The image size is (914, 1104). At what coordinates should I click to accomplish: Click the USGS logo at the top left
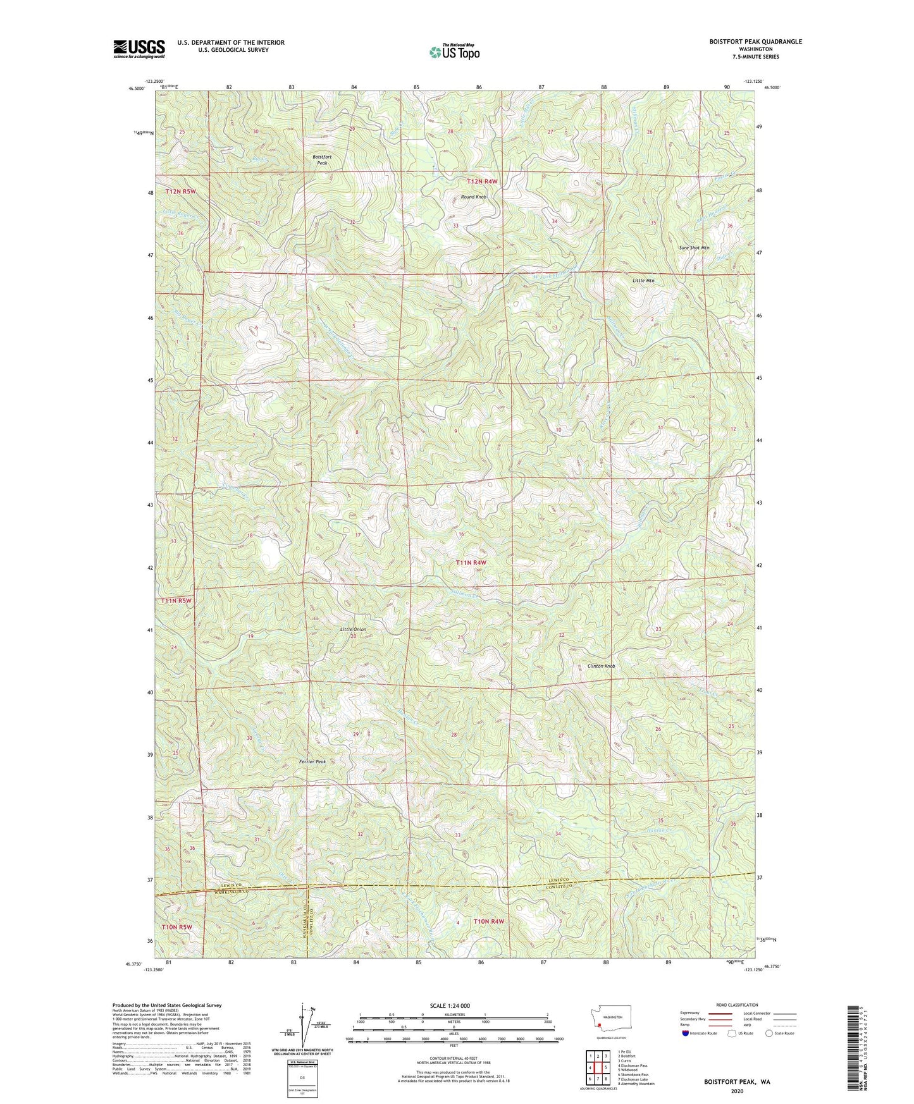click(139, 49)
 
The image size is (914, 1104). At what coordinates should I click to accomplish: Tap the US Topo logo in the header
click(454, 52)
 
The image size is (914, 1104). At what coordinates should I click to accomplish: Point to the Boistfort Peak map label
click(321, 159)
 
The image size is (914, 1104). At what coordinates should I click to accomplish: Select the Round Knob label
click(473, 197)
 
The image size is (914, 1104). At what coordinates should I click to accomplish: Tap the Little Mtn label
click(643, 280)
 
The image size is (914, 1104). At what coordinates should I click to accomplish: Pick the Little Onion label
click(353, 629)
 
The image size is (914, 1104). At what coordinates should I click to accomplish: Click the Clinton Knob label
click(601, 666)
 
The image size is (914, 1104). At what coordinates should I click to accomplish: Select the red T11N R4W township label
click(472, 562)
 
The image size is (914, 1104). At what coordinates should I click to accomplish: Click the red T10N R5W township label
click(176, 926)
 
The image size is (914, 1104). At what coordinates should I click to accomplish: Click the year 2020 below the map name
click(736, 1090)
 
